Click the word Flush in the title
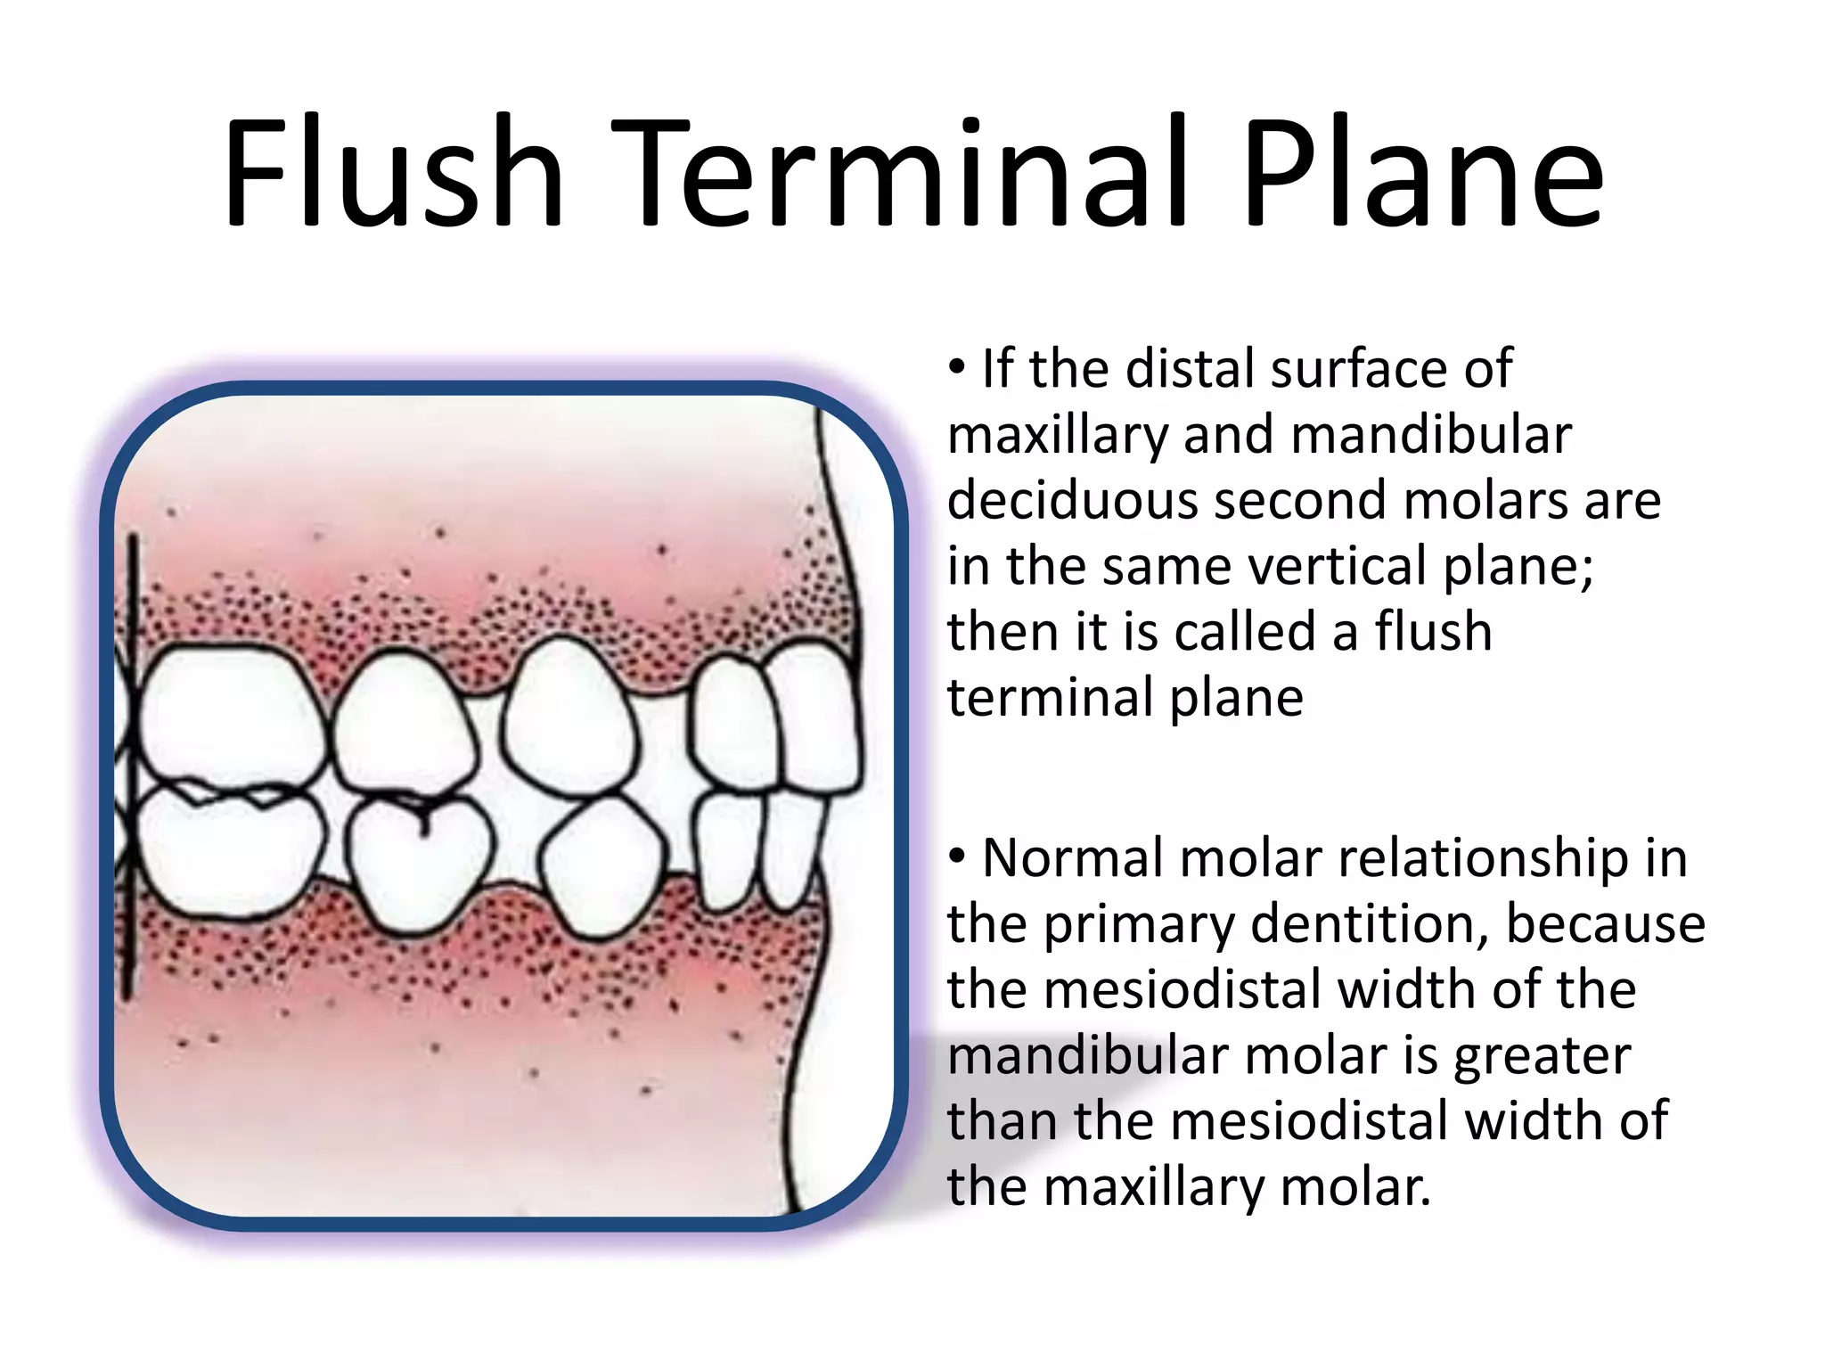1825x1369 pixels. [x=393, y=174]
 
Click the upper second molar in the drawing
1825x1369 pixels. [x=232, y=713]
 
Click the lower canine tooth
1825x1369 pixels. [x=602, y=865]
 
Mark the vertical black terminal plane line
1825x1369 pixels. [x=131, y=766]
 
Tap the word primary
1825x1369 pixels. [x=1140, y=924]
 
